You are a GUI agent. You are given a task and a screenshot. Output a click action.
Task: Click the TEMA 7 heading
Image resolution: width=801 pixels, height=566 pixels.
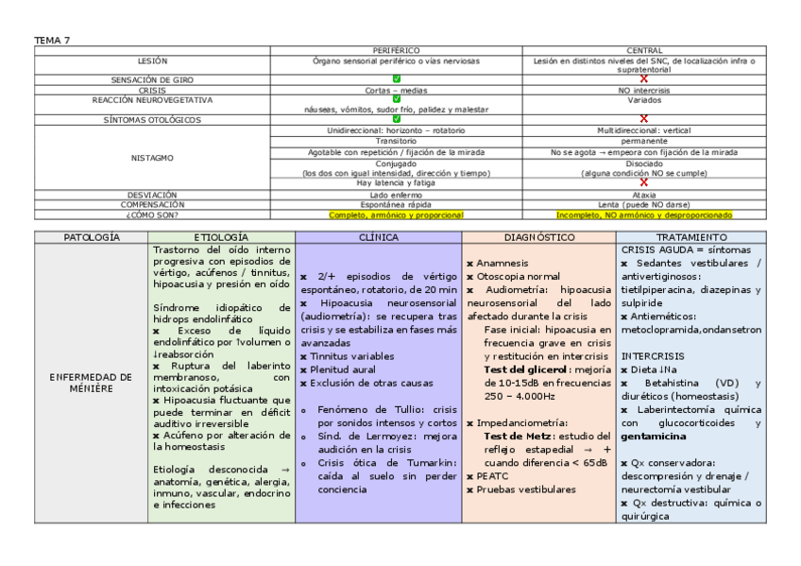[52, 40]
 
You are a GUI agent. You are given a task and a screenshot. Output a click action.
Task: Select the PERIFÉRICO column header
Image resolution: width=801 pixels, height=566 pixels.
[396, 49]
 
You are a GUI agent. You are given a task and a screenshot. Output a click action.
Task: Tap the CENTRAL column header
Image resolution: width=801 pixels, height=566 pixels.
[644, 49]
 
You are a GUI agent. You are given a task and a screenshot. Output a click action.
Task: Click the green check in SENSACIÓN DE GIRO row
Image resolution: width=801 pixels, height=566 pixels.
[396, 79]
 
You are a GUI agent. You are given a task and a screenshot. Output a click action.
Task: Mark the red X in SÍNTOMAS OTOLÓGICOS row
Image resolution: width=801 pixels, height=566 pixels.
[644, 118]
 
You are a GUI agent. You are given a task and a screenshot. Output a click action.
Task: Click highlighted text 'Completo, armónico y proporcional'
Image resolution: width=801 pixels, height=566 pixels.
[396, 214]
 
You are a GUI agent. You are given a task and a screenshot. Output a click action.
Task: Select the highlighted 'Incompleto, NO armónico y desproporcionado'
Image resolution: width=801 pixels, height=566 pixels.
[644, 214]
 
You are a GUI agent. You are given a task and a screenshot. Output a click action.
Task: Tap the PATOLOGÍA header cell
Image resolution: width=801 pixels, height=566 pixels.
[91, 236]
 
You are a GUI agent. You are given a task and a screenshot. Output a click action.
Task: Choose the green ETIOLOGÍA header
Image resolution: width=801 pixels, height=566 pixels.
[221, 236]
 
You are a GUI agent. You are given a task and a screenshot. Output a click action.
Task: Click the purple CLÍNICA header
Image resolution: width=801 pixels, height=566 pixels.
[378, 236]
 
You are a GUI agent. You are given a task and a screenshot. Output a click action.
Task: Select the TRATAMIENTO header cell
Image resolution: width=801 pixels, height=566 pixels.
[691, 236]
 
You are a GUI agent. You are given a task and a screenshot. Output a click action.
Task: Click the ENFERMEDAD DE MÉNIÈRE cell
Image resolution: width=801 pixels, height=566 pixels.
[91, 383]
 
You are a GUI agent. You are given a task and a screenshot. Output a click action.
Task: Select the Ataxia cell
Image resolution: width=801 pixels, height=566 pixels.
[644, 195]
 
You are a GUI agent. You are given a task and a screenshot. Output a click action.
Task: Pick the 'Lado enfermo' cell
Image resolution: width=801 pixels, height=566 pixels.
[396, 195]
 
